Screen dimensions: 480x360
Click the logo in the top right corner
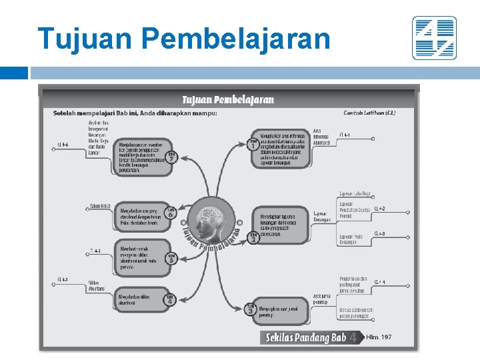click(x=434, y=38)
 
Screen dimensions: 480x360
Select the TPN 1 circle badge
click(x=253, y=143)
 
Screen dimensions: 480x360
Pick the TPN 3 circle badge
click(x=251, y=309)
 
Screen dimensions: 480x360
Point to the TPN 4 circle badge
click(x=169, y=300)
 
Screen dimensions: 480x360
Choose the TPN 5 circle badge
click(x=171, y=258)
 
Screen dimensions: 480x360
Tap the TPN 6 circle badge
click(x=171, y=213)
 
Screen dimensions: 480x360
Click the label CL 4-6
click(x=63, y=145)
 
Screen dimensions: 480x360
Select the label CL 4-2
click(x=379, y=209)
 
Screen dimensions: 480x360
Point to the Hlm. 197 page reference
click(x=379, y=337)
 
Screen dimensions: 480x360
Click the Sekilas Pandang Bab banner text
click(x=305, y=338)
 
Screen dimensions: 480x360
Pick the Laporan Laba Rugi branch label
click(x=355, y=193)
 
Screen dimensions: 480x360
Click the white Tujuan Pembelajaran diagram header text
click(x=228, y=100)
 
